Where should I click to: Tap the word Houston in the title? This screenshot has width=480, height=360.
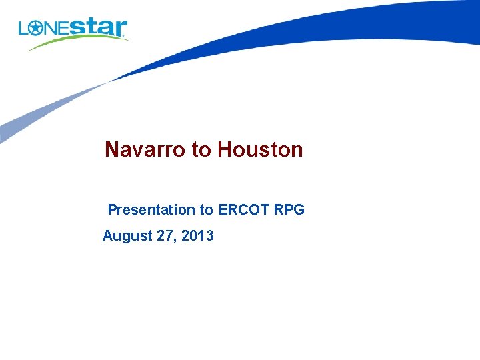(259, 150)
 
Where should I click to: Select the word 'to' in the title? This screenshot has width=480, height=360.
(201, 150)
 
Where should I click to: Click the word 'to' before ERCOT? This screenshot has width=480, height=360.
(206, 210)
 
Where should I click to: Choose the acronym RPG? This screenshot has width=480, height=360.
(289, 210)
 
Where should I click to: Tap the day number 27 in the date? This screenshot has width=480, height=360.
(165, 236)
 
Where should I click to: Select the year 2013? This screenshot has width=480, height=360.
(198, 236)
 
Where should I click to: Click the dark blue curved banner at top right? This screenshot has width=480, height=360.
(347, 27)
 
